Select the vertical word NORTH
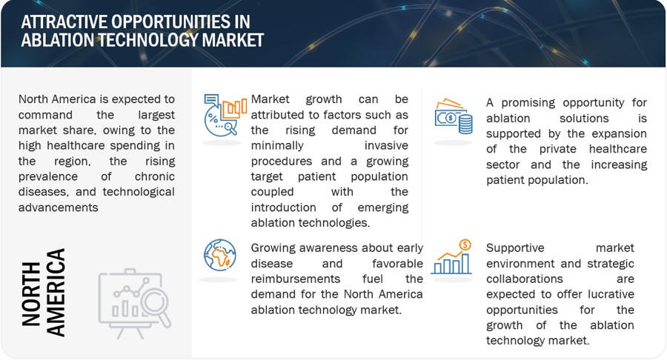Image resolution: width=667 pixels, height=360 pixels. click(31, 294)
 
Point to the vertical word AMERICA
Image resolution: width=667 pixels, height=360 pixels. click(56, 293)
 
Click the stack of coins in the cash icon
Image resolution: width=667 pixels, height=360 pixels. click(465, 124)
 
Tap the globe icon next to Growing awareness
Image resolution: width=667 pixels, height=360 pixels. click(220, 255)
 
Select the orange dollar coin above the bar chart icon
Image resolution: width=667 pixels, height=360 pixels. click(465, 244)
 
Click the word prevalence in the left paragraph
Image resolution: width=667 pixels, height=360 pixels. click(48, 176)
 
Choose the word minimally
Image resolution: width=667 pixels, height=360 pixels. click(277, 145)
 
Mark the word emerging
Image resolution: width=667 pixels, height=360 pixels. click(383, 207)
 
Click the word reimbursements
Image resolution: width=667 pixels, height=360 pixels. click(295, 279)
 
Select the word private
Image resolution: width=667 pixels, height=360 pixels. click(557, 149)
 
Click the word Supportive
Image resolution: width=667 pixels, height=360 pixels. click(515, 248)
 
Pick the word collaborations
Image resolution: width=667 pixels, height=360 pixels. click(525, 279)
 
